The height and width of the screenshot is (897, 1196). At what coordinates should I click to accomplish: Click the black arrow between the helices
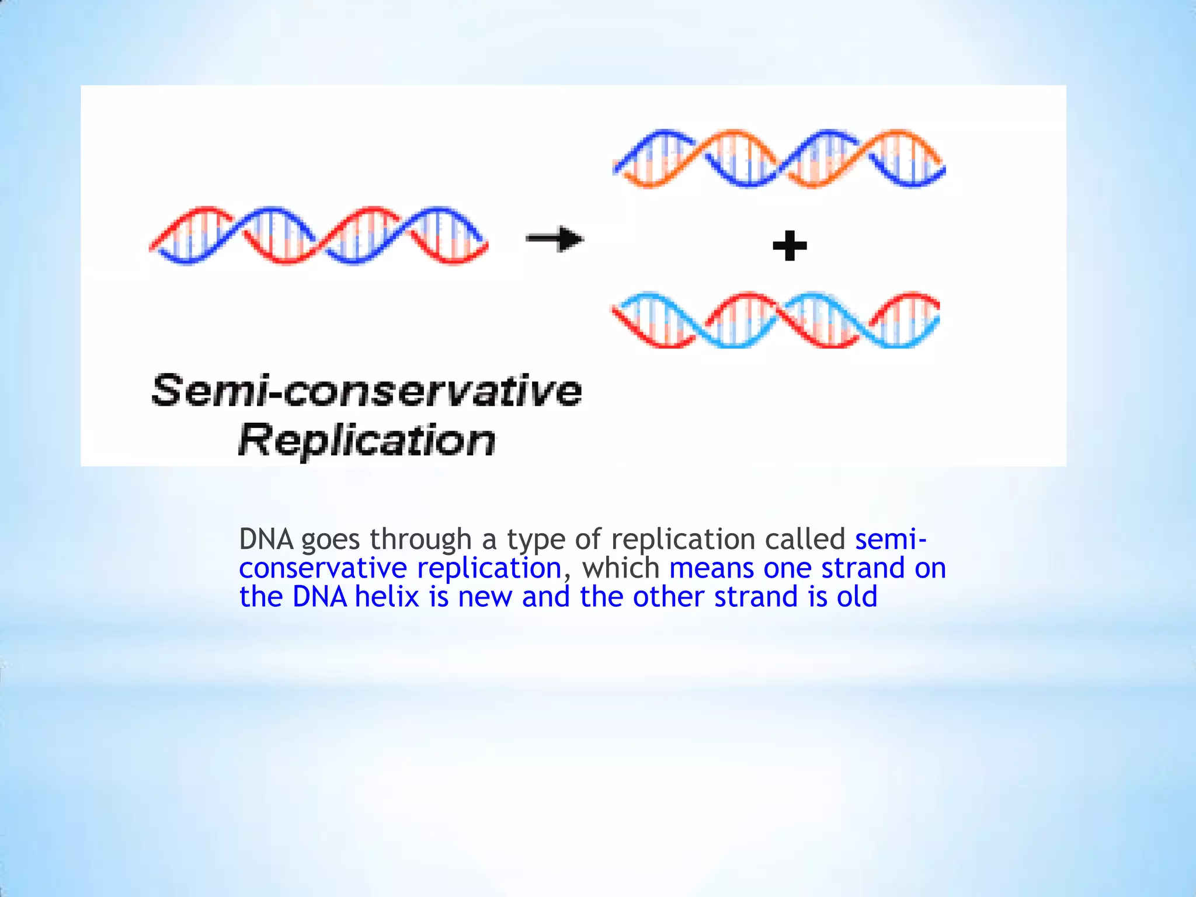point(555,239)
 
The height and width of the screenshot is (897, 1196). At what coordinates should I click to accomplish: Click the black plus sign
point(790,245)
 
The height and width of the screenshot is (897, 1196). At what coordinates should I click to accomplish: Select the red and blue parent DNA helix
point(318,235)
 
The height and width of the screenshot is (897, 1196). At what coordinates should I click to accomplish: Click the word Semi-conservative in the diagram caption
point(367,390)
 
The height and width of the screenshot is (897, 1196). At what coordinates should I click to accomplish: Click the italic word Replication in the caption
point(367,440)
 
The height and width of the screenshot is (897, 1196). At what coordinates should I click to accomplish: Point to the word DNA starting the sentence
point(266,539)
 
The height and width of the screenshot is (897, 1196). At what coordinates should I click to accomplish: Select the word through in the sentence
point(420,539)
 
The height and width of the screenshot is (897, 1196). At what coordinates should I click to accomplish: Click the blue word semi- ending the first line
point(890,539)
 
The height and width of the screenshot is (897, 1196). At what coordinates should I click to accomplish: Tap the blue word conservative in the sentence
point(322,568)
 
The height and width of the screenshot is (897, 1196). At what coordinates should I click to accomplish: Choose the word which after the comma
point(621,568)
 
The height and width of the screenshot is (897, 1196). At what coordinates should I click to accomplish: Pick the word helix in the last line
point(387,597)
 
